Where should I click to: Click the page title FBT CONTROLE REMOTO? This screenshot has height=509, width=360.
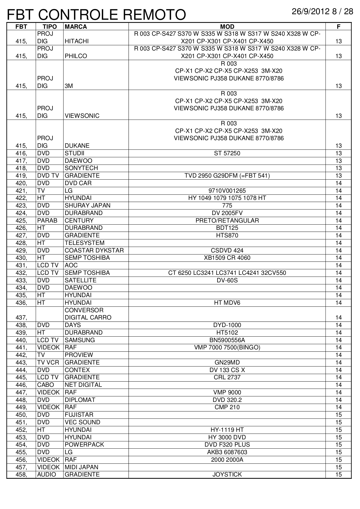96,15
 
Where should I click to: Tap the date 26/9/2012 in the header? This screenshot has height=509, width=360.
311,12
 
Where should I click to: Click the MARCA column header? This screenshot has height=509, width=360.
76,27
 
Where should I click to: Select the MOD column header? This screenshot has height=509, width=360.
227,27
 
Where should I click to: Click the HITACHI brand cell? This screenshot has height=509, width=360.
77,41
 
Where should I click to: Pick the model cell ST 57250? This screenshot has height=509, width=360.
227,153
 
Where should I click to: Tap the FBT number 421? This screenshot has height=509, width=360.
21,191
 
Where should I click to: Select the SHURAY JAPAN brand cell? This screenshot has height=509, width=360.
88,205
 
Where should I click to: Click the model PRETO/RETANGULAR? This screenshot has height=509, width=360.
227,221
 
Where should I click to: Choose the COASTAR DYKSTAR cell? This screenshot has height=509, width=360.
94,250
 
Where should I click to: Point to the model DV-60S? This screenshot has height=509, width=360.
227,280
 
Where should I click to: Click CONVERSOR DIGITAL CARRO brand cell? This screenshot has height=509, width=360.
88,314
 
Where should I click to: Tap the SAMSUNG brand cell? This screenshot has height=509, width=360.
80,340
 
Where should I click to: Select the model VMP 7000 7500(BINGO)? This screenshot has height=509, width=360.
227,347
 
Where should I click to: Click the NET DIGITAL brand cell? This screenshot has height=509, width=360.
83,385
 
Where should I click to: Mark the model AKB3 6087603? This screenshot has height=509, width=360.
227,452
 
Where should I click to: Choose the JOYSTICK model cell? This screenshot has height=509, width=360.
227,474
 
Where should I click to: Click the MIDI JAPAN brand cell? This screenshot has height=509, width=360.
82,467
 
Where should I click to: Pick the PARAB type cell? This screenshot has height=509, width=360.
47,221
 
